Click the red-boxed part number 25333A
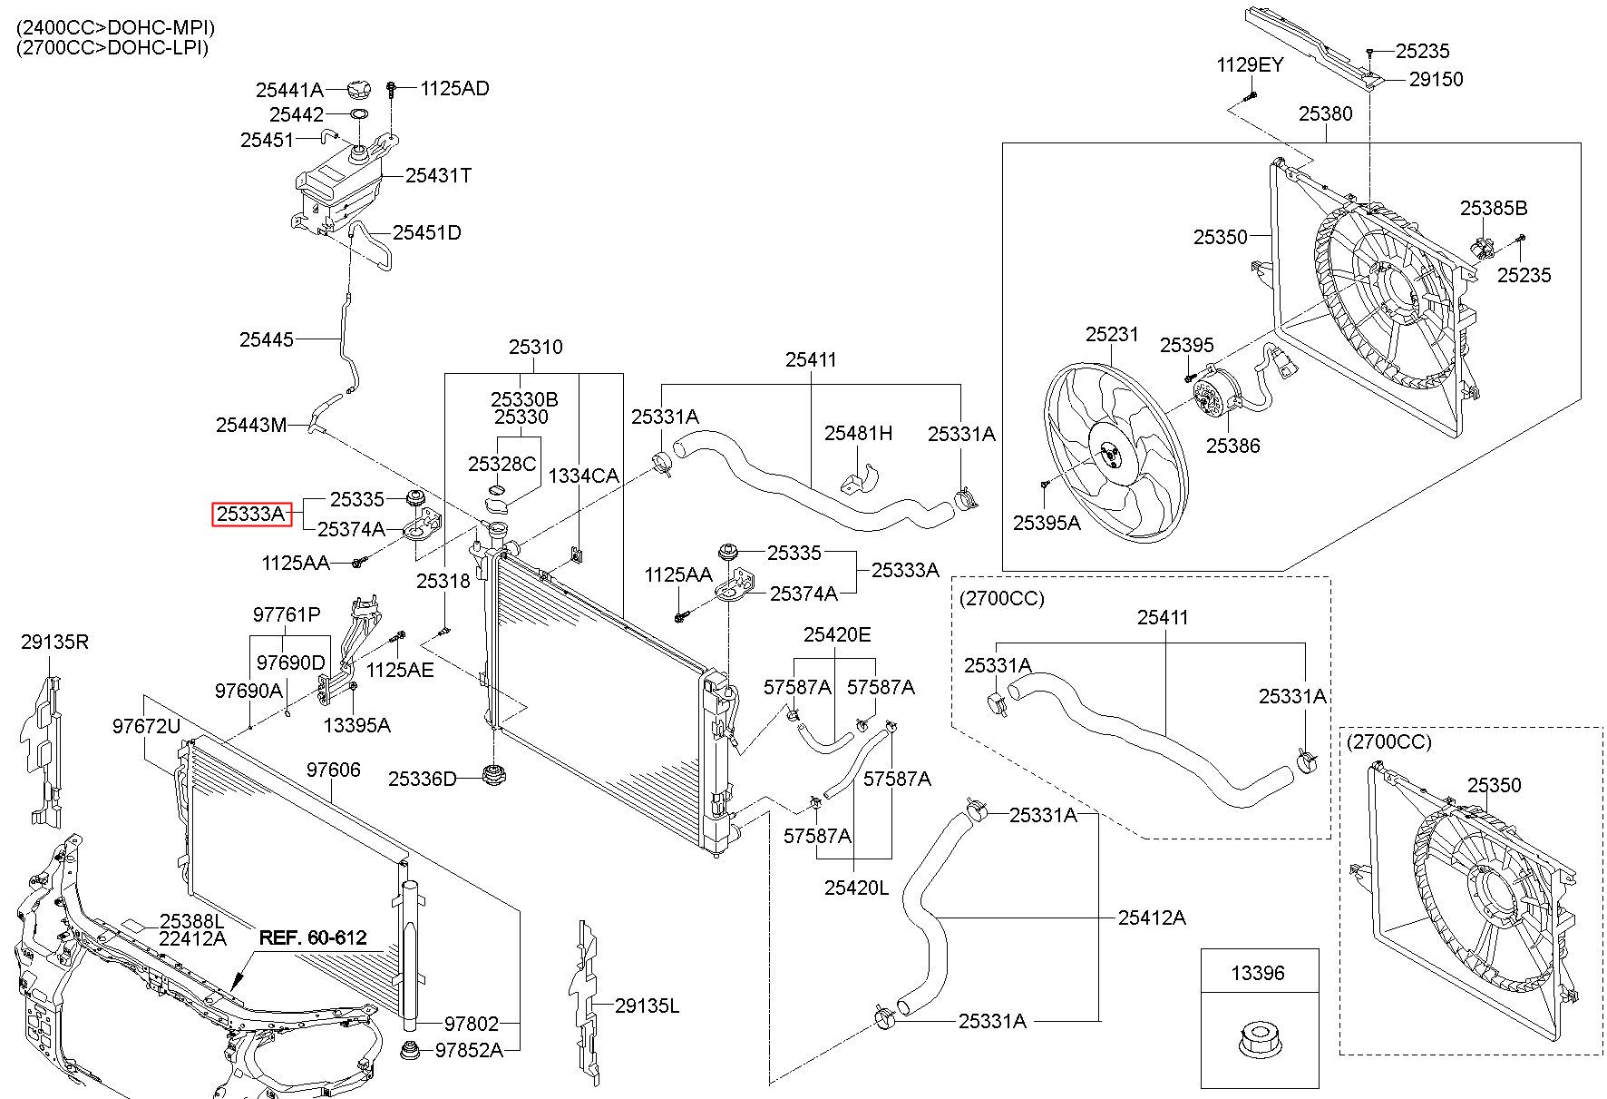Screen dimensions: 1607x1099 tap(249, 515)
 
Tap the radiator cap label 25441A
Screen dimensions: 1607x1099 tap(289, 90)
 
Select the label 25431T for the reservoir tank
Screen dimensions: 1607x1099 tap(438, 175)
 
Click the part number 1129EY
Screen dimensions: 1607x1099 tap(1251, 64)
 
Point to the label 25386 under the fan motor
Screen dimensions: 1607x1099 tap(1232, 446)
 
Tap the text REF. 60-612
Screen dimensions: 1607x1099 tap(313, 937)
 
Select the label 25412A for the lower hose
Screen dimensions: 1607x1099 tap(1152, 917)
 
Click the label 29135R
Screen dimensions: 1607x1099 tap(55, 643)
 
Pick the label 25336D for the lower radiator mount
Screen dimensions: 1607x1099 tap(423, 779)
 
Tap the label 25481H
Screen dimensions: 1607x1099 tap(858, 433)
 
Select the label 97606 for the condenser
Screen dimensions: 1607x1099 tap(333, 770)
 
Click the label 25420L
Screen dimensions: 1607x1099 tap(857, 888)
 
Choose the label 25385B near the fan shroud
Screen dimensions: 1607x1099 tap(1494, 208)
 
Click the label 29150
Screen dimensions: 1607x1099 tap(1437, 79)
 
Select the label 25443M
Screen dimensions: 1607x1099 tap(251, 425)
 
